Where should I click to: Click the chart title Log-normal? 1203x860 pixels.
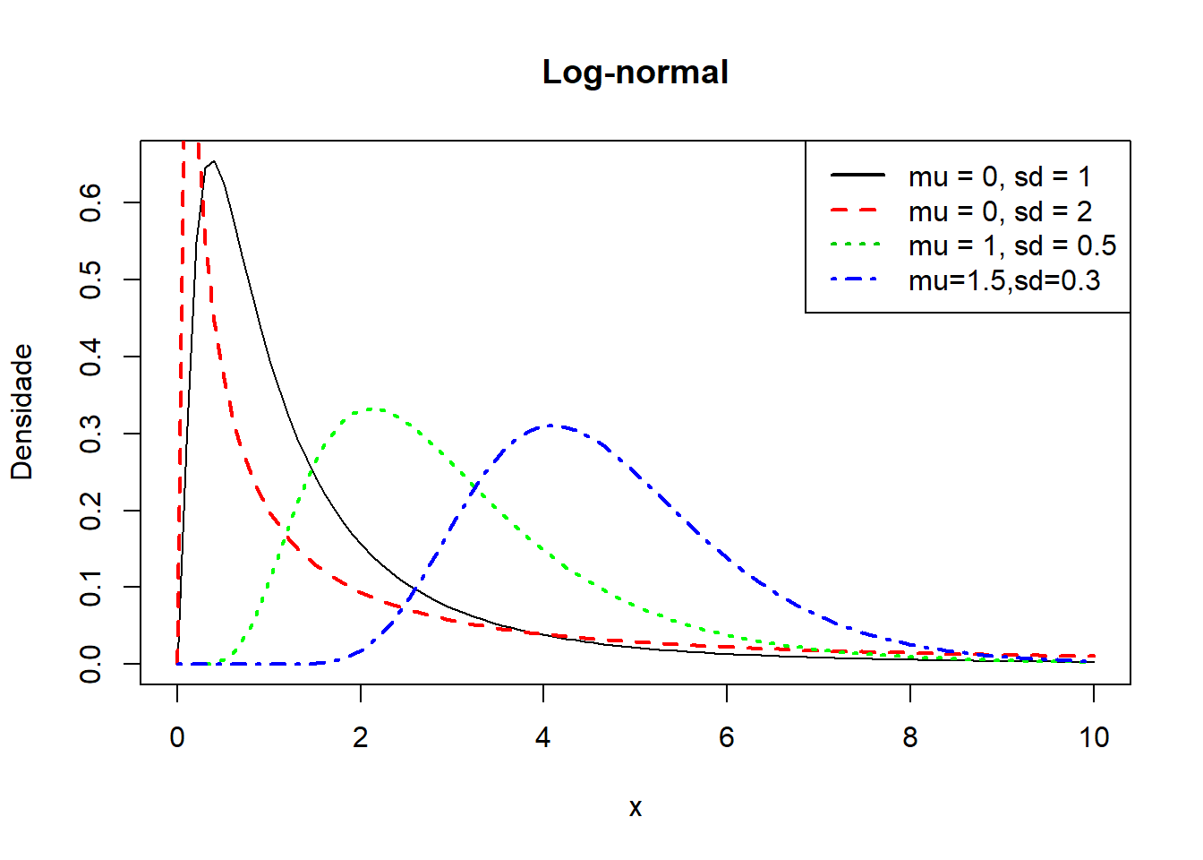[x=635, y=73]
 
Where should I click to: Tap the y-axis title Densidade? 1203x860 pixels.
[x=21, y=412]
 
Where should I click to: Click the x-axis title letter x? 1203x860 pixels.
[x=635, y=808]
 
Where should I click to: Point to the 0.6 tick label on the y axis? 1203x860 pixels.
[x=91, y=203]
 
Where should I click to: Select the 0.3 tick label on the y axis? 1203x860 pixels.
[x=91, y=434]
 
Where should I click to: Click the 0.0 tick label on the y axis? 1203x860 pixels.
[x=91, y=664]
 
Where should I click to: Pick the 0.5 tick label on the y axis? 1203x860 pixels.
[x=91, y=279]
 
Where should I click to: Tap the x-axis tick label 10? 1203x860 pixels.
[x=1093, y=737]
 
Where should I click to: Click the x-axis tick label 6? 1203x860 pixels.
[x=726, y=737]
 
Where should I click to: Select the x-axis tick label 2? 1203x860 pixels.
[x=360, y=737]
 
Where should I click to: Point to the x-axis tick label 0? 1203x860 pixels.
[x=177, y=737]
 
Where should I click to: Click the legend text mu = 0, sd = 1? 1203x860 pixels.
[x=999, y=176]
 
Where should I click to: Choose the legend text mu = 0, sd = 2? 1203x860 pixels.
[x=999, y=211]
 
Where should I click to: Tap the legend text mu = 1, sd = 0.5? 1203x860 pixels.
[x=1011, y=245]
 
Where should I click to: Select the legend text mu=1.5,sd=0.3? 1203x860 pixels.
[x=1003, y=280]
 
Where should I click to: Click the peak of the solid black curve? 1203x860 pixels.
[x=213, y=162]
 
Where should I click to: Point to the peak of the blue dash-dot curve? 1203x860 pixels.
[x=550, y=426]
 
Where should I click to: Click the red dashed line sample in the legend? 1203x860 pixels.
[x=857, y=211]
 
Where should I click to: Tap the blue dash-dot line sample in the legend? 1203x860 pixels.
[x=857, y=280]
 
